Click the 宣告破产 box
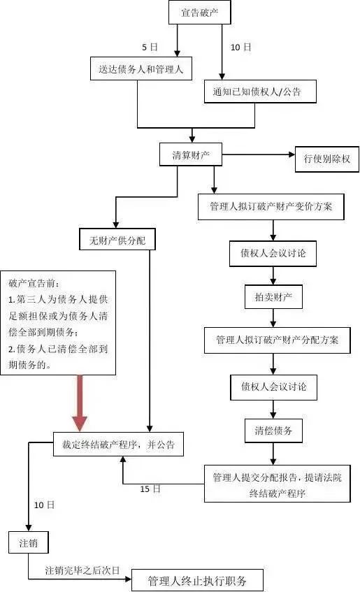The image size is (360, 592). tap(199, 13)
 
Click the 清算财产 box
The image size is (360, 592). tap(191, 154)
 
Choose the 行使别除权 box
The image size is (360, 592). tap(326, 159)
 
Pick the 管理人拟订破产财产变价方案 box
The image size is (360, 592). tap(271, 207)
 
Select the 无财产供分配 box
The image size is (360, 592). tap(117, 240)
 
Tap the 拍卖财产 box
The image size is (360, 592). tap(273, 297)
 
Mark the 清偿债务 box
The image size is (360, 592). tap(273, 430)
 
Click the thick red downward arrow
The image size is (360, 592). tap(80, 403)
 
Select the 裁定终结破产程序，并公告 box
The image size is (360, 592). tap(118, 444)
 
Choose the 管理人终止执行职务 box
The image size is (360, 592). tap(196, 580)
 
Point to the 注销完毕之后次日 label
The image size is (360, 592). tap(82, 570)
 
